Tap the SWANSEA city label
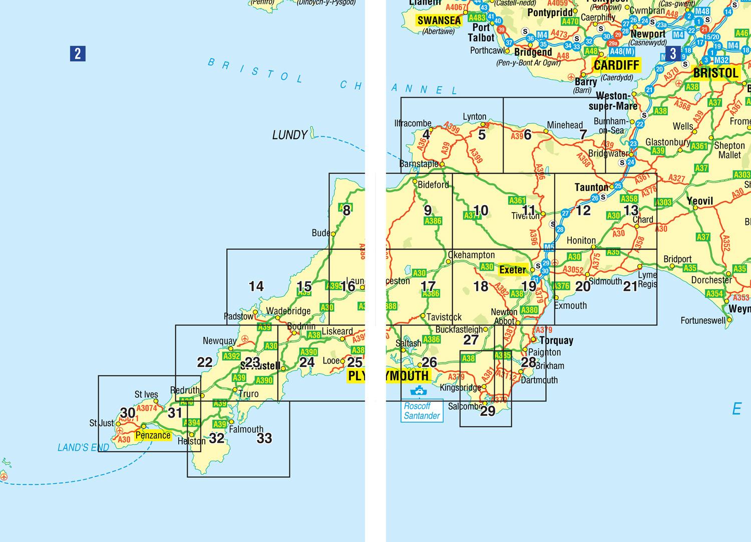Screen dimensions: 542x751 [439, 21]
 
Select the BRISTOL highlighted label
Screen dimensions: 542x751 [715, 73]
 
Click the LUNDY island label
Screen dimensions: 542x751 [289, 135]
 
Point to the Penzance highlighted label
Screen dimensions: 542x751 [153, 435]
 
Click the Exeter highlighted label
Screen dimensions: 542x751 [513, 270]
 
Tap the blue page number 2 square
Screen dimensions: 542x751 [78, 54]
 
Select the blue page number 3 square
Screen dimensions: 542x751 [673, 54]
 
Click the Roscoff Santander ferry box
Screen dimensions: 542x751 [422, 411]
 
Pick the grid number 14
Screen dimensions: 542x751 [256, 286]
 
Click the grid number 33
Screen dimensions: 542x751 [264, 438]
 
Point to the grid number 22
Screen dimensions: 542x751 [205, 362]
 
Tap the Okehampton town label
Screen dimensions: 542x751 [471, 255]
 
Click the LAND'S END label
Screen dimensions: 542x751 [83, 448]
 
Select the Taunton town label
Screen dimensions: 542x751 [591, 188]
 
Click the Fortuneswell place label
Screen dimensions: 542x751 [703, 320]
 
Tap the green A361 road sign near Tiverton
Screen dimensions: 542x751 [517, 201]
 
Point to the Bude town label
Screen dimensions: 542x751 [320, 233]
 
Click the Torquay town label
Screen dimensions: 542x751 [556, 340]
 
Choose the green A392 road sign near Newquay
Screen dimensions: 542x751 [231, 356]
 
